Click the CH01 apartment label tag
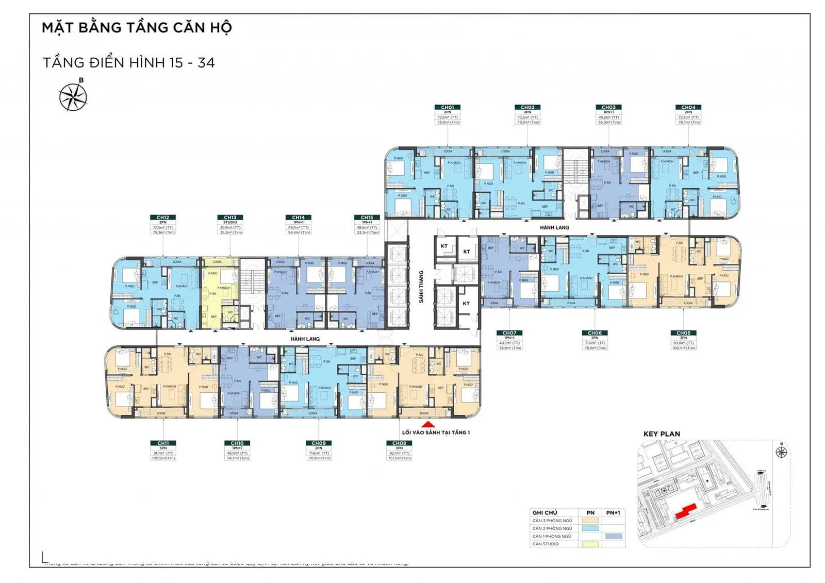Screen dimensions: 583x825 (448, 108)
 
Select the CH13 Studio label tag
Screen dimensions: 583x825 (230, 218)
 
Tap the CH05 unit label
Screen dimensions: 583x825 (683, 334)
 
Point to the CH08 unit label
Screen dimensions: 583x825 (399, 443)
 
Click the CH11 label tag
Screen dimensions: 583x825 (163, 443)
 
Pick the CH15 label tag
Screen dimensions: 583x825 (367, 218)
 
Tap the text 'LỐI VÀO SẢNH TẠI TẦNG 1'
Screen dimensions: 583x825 (436, 432)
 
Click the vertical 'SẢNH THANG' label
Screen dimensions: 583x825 (421, 287)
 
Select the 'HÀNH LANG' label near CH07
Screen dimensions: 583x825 (554, 227)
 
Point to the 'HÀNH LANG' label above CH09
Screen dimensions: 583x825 (305, 339)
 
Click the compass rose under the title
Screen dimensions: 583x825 (73, 97)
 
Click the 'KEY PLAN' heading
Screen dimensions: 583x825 (662, 434)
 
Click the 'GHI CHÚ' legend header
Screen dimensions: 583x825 (544, 513)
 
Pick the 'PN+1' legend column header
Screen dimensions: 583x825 (613, 513)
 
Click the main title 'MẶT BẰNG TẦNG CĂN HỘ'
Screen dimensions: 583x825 (137, 28)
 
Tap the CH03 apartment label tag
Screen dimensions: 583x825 (608, 108)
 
